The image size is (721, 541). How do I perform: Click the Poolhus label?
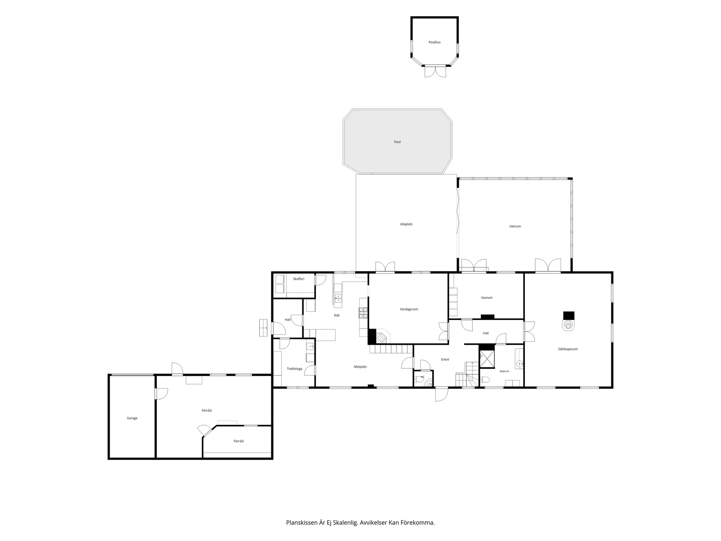434,42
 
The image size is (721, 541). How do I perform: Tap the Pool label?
397,142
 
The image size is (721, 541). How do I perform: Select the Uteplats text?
406,224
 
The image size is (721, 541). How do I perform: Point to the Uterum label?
515,226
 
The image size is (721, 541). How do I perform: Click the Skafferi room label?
298,279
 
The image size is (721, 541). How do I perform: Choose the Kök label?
337,316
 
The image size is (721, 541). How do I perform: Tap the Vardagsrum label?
409,309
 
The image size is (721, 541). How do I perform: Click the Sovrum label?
486,298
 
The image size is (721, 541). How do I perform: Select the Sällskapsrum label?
568,349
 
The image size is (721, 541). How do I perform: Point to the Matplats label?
360,367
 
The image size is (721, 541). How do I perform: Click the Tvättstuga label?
295,368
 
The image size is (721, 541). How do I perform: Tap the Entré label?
445,359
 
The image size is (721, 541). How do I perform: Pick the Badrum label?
504,371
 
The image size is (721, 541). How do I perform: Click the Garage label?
132,418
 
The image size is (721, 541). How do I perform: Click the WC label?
423,377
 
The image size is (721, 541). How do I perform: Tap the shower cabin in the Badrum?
487,359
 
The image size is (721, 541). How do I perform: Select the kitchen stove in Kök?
363,313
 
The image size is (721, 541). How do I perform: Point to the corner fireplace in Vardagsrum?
382,338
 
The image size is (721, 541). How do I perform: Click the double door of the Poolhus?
435,71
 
